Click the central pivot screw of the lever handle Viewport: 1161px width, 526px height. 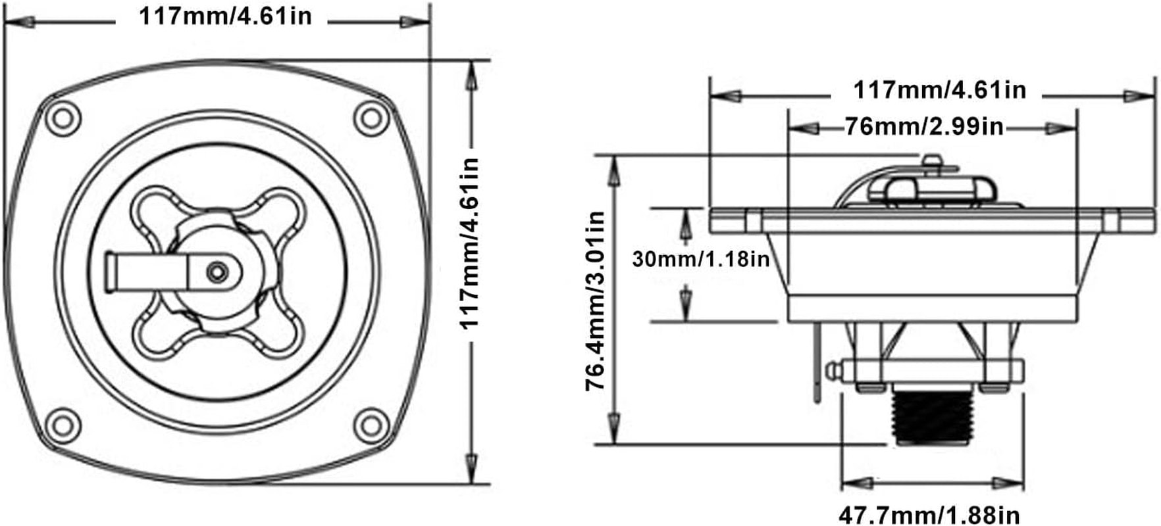pos(217,272)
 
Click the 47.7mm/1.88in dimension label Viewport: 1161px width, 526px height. pos(929,514)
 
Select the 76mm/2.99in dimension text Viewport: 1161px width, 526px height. pos(924,126)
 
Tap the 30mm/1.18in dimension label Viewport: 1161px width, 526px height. pos(701,259)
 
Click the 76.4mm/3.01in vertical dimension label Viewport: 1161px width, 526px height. pos(596,300)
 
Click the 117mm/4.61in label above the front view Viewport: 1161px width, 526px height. pos(225,16)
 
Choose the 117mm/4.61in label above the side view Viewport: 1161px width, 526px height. pos(940,89)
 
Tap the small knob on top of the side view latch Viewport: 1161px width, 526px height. pos(931,161)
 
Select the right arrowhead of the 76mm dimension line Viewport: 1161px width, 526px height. pos(1056,129)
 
